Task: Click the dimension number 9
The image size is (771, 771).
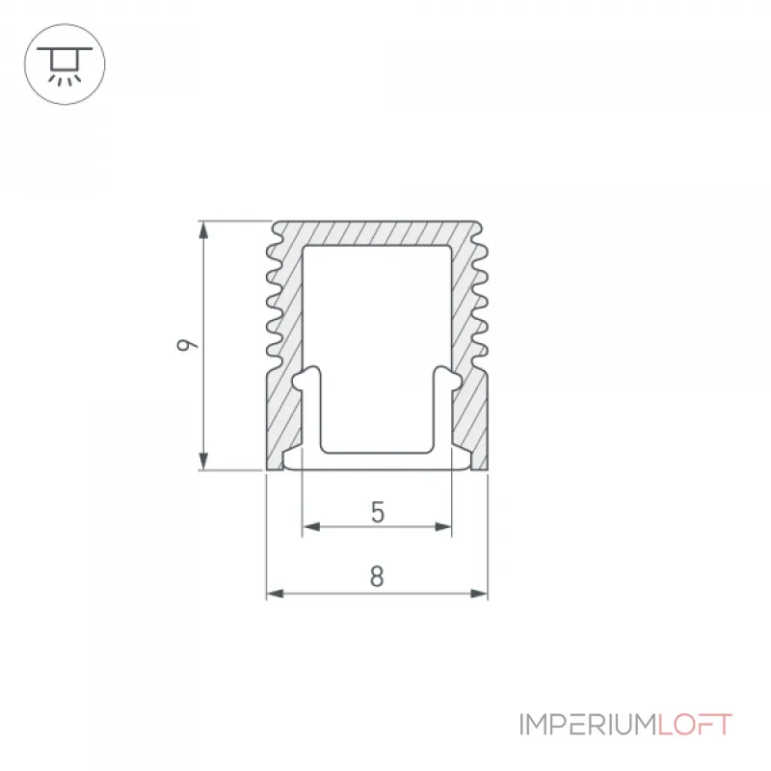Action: [186, 345]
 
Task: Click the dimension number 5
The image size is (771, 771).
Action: [377, 512]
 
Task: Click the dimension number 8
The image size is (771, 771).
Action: [377, 576]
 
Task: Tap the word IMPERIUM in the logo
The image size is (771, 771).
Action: [588, 725]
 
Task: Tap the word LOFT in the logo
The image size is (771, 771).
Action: [695, 725]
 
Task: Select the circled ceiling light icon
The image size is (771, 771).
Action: [65, 64]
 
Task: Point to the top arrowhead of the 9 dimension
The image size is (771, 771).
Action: [203, 229]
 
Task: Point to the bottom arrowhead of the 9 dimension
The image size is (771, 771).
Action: [203, 462]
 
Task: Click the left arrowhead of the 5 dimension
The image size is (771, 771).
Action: [311, 527]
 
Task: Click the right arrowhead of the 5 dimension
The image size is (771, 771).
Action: [442, 527]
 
